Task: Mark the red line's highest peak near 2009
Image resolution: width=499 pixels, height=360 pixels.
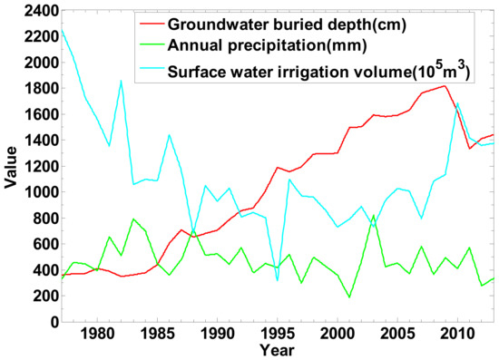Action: point(445,86)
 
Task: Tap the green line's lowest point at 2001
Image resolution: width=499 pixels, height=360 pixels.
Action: point(349,297)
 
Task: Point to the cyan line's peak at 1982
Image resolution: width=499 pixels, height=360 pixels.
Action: point(121,81)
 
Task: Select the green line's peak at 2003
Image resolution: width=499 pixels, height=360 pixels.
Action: point(373,216)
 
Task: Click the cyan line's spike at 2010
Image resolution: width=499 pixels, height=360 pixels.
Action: point(456,102)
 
